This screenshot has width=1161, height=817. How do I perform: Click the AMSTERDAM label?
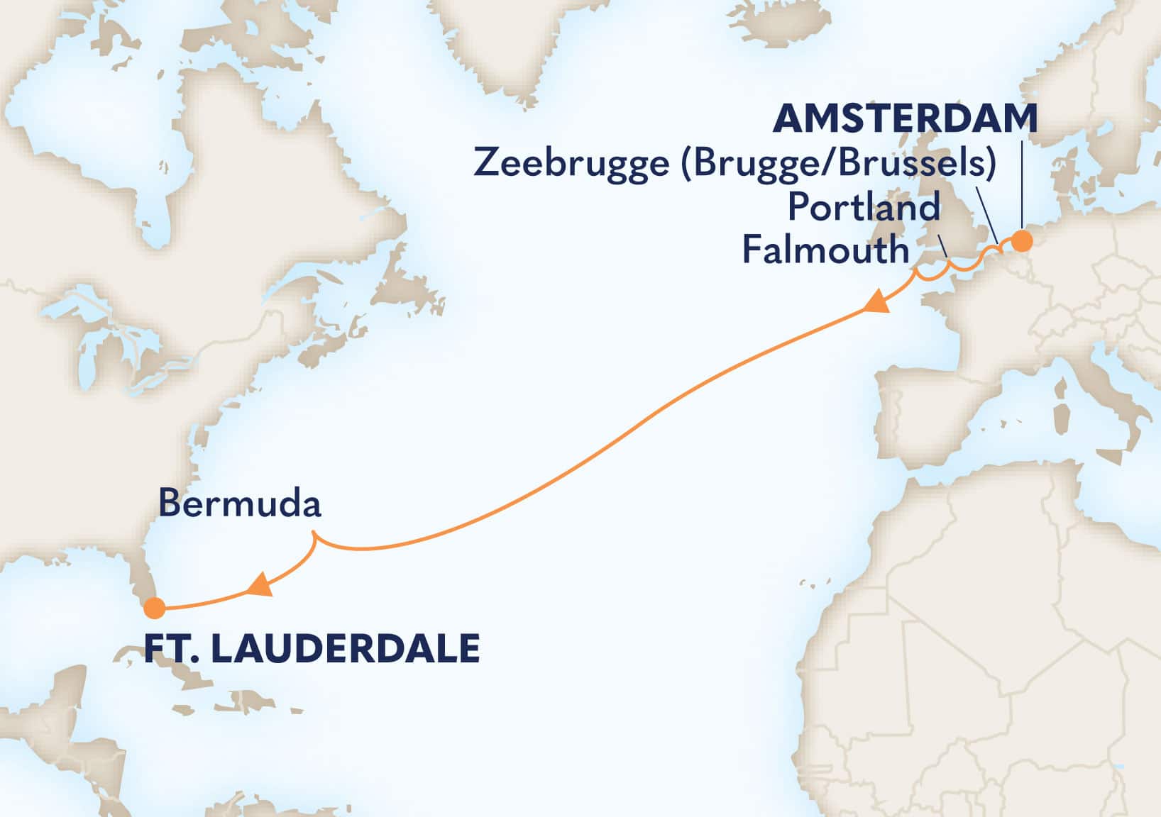[x=905, y=119]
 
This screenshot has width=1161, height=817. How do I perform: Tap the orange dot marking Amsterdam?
[x=1021, y=241]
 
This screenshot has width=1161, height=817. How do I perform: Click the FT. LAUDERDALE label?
[x=312, y=649]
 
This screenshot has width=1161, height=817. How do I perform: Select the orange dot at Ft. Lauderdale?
[x=154, y=608]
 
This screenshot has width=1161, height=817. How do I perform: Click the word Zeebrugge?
[x=571, y=164]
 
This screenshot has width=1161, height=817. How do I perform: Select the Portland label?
[x=864, y=208]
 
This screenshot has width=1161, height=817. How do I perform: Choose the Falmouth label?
[x=825, y=250]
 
